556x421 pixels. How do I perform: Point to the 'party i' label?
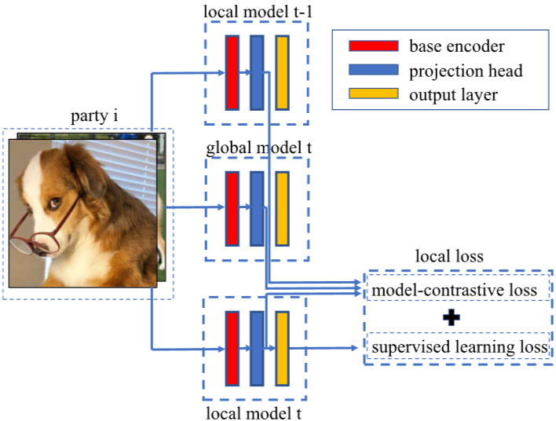94,117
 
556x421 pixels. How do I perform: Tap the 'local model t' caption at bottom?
256,411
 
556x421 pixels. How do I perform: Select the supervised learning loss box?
458,346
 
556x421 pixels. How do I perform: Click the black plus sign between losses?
451,317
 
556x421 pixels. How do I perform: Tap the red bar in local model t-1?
232,72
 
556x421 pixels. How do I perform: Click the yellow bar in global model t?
282,209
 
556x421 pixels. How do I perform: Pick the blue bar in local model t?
257,348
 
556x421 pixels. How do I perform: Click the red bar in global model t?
232,209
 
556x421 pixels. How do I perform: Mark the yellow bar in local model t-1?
282,72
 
